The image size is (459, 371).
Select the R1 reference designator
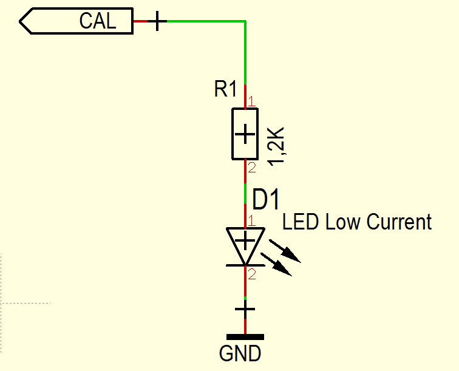pos(225,90)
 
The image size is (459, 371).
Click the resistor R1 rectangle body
pos(245,134)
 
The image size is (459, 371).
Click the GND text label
pos(240,353)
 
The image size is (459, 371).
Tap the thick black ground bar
pos(245,336)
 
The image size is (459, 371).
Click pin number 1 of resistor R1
pos(251,101)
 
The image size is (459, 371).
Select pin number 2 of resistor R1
pos(251,167)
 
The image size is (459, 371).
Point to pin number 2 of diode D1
pos(252,274)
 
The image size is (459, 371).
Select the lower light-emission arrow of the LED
pos(279,265)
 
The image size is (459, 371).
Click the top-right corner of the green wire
pos(245,22)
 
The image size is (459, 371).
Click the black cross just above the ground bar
pos(245,311)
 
